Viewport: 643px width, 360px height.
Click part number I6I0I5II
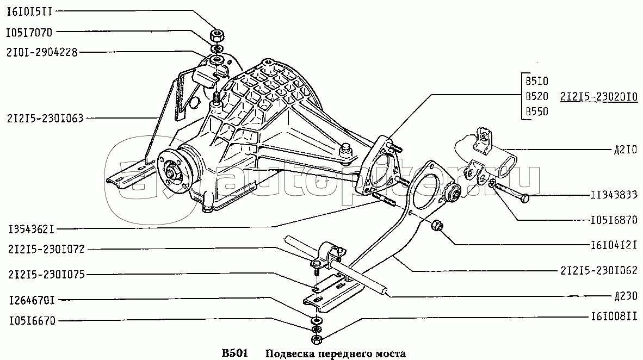pos(29,11)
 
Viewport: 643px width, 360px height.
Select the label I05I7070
pos(29,32)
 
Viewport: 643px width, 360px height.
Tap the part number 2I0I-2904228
pos(42,53)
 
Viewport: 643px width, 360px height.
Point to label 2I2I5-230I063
pos(45,119)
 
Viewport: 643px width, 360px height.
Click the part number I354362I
pos(32,229)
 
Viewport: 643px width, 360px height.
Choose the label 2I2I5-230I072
pos(46,249)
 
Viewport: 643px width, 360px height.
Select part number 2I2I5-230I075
pos(46,275)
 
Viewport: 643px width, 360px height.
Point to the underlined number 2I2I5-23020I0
pos(599,97)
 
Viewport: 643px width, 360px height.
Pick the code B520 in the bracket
pos(537,96)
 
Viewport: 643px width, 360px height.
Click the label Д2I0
pos(626,150)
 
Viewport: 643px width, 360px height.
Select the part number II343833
pos(614,195)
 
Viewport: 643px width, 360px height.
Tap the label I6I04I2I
pos(614,246)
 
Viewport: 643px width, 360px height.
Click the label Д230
pos(626,296)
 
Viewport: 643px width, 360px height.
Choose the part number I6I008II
pos(614,316)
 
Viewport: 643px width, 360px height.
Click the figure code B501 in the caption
pos(234,353)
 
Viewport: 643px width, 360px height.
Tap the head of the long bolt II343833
pos(525,198)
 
